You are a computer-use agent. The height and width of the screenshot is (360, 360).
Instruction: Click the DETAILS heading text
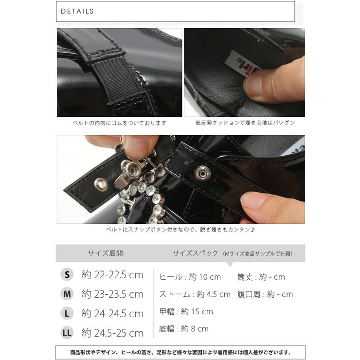[x=78, y=11]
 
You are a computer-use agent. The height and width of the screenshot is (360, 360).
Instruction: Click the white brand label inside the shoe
[x=242, y=63]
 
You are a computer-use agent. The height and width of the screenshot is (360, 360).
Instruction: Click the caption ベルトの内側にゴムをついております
[x=119, y=124]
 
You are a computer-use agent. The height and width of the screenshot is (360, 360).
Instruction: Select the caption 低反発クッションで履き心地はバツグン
[x=245, y=124]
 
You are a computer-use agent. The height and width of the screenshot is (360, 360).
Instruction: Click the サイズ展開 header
[x=105, y=253]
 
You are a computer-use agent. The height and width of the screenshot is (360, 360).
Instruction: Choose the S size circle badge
[x=67, y=275]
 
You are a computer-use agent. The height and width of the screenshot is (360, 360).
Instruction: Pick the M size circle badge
[x=67, y=294]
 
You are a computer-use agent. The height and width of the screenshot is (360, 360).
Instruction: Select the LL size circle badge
[x=67, y=333]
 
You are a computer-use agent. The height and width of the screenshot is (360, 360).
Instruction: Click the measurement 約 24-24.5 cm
[x=112, y=314]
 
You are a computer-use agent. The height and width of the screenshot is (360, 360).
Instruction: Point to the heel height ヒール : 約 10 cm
[x=190, y=277]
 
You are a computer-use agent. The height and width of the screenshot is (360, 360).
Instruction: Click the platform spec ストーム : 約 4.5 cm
[x=195, y=294]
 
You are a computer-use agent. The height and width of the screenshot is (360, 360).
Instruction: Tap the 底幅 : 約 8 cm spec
[x=183, y=329]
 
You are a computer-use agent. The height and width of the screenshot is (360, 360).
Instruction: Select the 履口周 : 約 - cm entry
[x=265, y=294]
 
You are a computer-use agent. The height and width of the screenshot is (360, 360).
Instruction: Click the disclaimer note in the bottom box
[x=180, y=352]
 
